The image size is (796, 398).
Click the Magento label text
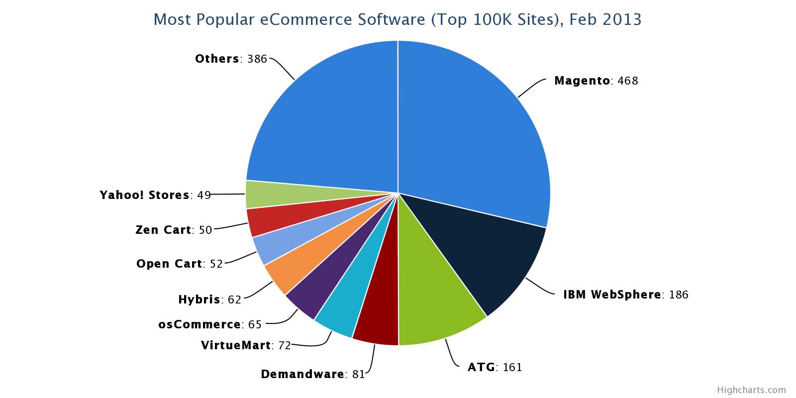click(x=582, y=81)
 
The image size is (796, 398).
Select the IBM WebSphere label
click(x=611, y=295)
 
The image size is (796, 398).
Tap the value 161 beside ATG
click(x=512, y=368)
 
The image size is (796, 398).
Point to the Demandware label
click(x=302, y=374)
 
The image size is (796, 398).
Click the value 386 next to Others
click(x=257, y=59)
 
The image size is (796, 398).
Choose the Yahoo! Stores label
click(x=144, y=195)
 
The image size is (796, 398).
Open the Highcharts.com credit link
click(x=751, y=390)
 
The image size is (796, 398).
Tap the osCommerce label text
click(x=199, y=324)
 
